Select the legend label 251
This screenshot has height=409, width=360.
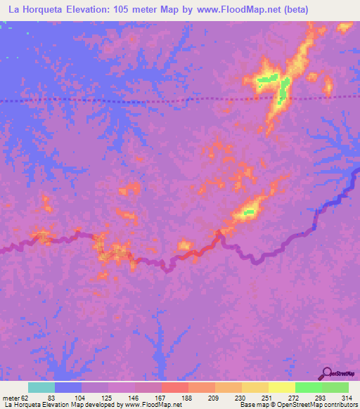(x=268, y=398)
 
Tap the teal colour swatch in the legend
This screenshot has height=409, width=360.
(x=41, y=387)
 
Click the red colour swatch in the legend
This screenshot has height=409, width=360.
(x=174, y=387)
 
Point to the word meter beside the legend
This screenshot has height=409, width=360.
(x=11, y=398)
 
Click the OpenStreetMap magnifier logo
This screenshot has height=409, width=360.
(x=327, y=373)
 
